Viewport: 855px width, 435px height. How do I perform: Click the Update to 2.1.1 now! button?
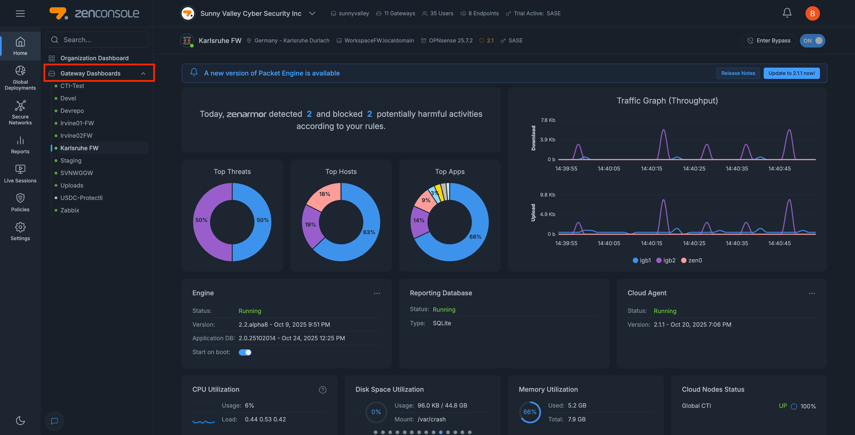[x=791, y=73]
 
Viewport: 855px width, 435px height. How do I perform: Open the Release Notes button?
[x=738, y=73]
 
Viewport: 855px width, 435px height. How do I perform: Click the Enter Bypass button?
[x=769, y=40]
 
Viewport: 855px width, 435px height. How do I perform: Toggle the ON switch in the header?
[x=812, y=40]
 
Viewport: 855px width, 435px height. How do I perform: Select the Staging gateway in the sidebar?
[x=71, y=160]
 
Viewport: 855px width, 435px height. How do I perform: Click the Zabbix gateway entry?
[x=70, y=210]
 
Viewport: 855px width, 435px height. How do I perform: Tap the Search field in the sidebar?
[x=97, y=40]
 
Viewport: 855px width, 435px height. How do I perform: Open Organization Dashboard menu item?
[x=94, y=58]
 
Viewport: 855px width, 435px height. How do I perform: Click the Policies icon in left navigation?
[x=20, y=203]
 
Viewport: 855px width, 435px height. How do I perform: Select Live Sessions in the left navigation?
[x=20, y=174]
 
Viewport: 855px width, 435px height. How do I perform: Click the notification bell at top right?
[x=787, y=13]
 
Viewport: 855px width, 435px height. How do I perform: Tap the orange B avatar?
[x=812, y=13]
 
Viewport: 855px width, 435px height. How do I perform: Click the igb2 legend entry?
[x=666, y=260]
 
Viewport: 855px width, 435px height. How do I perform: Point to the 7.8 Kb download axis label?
[x=548, y=120]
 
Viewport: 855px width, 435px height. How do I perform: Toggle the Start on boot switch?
[x=245, y=352]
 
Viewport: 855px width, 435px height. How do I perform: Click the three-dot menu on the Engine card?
[x=377, y=293]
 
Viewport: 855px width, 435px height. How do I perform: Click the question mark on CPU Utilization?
[x=323, y=390]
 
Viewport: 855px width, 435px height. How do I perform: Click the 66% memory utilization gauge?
[x=530, y=412]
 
